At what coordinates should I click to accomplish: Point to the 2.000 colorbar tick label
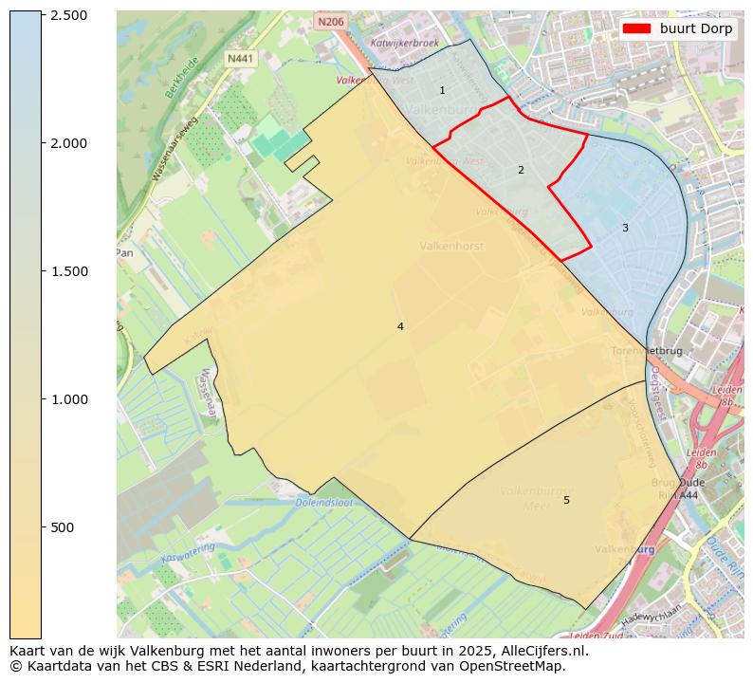pyautogui.click(x=67, y=143)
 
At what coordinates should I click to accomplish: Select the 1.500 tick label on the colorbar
pyautogui.click(x=67, y=271)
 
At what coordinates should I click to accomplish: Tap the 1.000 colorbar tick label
pyautogui.click(x=67, y=399)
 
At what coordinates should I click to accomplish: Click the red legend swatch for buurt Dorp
pyautogui.click(x=636, y=28)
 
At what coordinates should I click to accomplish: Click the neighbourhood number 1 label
pyautogui.click(x=442, y=90)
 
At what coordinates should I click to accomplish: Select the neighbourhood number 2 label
pyautogui.click(x=521, y=170)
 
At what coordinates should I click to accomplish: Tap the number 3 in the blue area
pyautogui.click(x=625, y=228)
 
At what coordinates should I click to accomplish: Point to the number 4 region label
pyautogui.click(x=400, y=326)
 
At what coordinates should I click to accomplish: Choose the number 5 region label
pyautogui.click(x=566, y=500)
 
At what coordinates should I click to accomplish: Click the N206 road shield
pyautogui.click(x=331, y=21)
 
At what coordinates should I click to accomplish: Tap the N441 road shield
pyautogui.click(x=241, y=59)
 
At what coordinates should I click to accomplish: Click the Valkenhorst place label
pyautogui.click(x=451, y=246)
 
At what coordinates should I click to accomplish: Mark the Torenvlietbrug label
pyautogui.click(x=648, y=351)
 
